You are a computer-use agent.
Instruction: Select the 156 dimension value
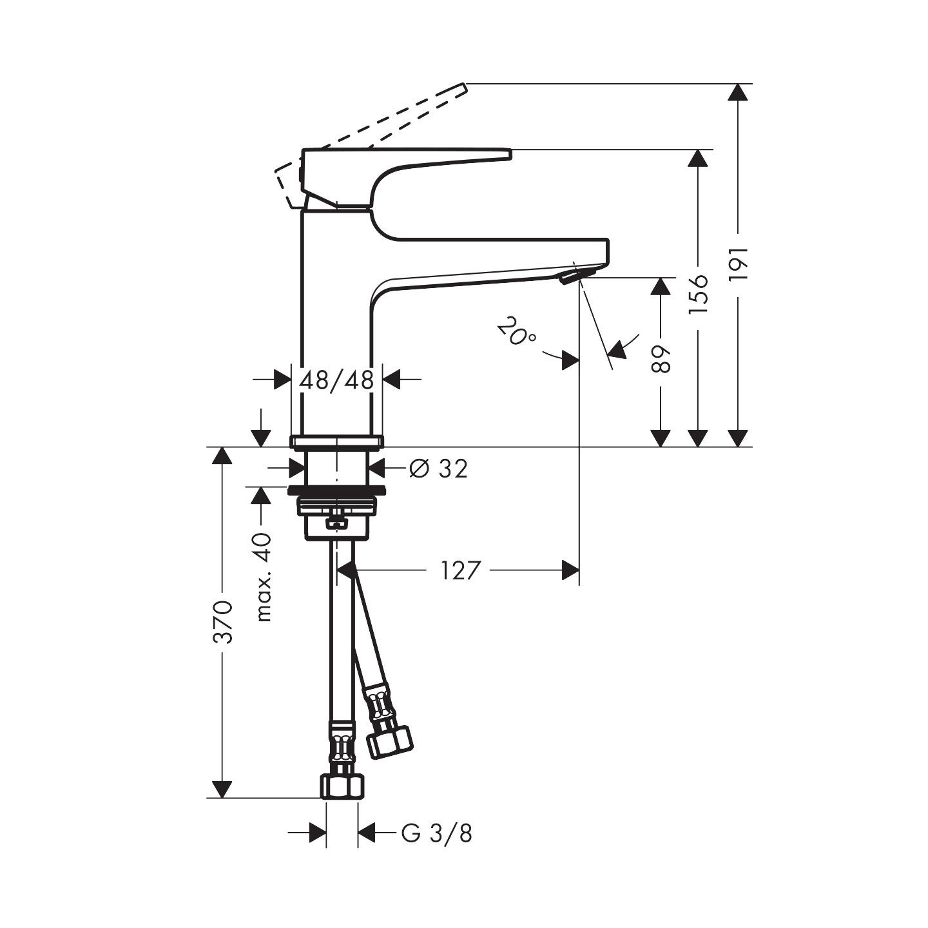[697, 294]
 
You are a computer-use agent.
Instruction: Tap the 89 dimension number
[661, 359]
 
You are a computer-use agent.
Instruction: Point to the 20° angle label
[516, 332]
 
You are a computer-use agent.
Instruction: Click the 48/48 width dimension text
[336, 380]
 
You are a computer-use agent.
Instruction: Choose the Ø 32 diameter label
[439, 469]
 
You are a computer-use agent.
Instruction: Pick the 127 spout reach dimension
[461, 570]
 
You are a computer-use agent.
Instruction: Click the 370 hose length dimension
[222, 622]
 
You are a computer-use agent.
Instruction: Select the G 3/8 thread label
[437, 833]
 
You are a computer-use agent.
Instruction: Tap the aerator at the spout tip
[572, 277]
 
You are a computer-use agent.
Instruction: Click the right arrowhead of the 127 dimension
[570, 570]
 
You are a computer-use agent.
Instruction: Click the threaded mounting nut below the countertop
[336, 506]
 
